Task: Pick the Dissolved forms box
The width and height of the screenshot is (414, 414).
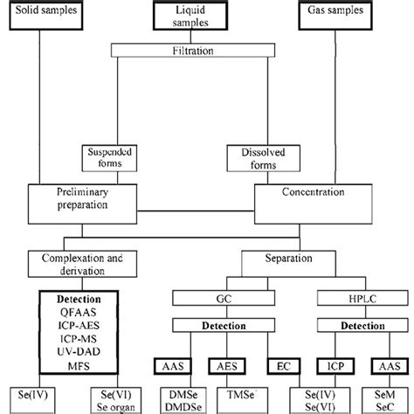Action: (256, 157)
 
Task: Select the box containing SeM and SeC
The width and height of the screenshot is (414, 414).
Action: (385, 398)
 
